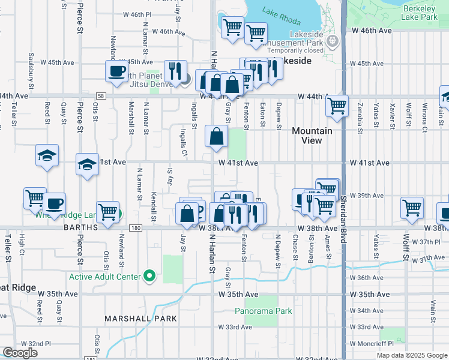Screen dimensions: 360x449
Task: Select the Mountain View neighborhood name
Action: point(312,136)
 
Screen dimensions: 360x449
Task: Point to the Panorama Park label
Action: point(263,311)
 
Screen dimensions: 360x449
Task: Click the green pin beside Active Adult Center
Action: point(150,277)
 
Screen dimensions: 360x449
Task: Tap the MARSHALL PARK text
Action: point(140,318)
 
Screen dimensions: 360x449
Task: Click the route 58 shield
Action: point(101,95)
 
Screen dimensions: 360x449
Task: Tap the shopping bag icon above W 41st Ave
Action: point(216,136)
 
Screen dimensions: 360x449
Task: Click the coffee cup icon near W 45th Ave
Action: point(116,71)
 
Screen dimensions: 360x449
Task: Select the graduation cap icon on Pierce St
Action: point(87,164)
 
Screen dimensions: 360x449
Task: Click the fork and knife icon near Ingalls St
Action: point(173,71)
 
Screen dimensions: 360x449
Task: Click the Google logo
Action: point(20,353)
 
